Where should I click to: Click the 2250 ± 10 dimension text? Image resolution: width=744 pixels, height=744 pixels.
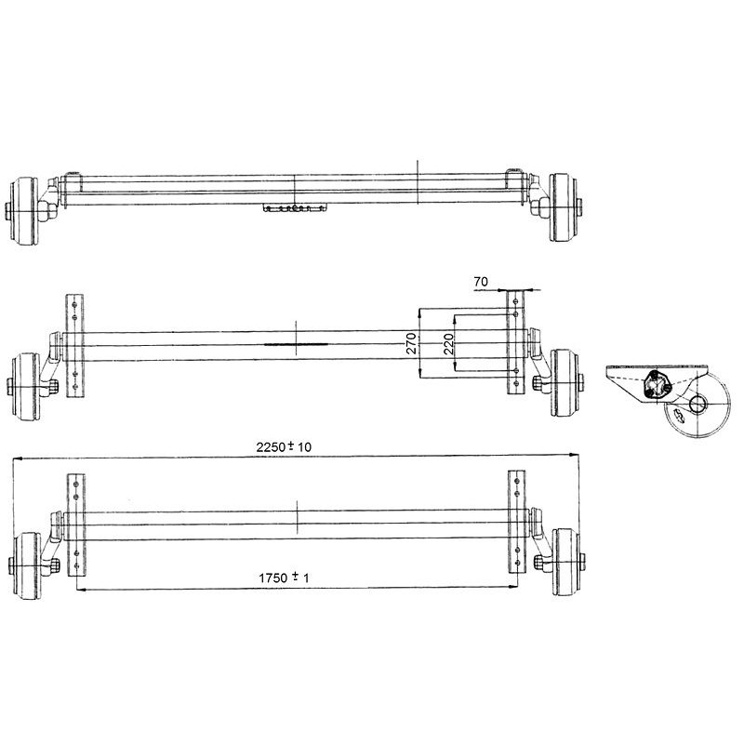284,447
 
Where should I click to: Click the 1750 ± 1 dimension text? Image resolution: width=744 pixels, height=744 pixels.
284,578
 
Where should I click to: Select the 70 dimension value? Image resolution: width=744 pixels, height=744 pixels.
480,279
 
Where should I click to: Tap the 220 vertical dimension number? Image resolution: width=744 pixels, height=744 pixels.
448,344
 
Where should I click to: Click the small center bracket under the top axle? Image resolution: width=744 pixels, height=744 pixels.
296,208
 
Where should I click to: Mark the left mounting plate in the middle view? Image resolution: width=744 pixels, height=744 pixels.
75,346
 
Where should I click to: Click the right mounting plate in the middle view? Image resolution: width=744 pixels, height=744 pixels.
515,344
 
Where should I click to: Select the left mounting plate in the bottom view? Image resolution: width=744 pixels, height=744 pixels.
75,525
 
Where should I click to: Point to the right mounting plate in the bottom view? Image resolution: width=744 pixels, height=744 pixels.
515,525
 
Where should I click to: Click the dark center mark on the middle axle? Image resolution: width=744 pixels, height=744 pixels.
296,342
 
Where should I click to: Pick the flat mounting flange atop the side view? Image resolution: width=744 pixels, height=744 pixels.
656,369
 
